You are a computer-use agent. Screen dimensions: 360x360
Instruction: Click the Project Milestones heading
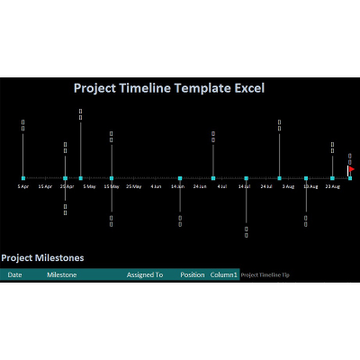(42, 257)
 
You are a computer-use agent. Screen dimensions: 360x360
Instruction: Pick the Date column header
(14, 274)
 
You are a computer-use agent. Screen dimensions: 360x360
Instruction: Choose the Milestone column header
(61, 274)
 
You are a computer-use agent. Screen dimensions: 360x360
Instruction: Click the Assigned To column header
(145, 274)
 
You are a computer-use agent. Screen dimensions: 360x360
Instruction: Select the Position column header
(192, 274)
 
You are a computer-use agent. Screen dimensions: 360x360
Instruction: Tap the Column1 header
(224, 274)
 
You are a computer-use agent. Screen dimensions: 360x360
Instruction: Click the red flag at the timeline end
(351, 168)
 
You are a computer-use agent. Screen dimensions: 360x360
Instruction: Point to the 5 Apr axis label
(23, 187)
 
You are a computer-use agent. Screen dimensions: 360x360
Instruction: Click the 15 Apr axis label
(45, 187)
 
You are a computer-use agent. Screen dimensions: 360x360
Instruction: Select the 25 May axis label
(133, 187)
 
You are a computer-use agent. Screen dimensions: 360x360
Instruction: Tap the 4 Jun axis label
(156, 187)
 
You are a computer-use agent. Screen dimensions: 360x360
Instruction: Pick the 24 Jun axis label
(200, 187)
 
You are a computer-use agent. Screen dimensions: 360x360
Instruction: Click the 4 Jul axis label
(221, 187)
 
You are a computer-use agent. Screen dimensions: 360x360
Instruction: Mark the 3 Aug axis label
(288, 187)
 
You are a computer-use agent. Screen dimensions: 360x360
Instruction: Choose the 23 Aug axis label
(332, 187)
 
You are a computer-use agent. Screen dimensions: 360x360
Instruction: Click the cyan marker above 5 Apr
(23, 178)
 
